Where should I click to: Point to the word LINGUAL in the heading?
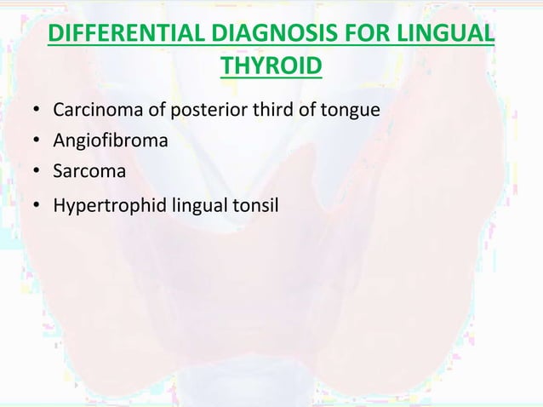[452, 37]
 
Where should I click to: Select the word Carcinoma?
[92, 111]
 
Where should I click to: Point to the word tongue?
[342, 112]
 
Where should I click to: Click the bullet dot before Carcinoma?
[36, 112]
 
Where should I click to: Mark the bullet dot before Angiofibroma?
[36, 142]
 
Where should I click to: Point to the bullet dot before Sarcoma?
[36, 172]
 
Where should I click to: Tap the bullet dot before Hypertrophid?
[36, 204]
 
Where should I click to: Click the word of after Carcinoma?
[144, 111]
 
